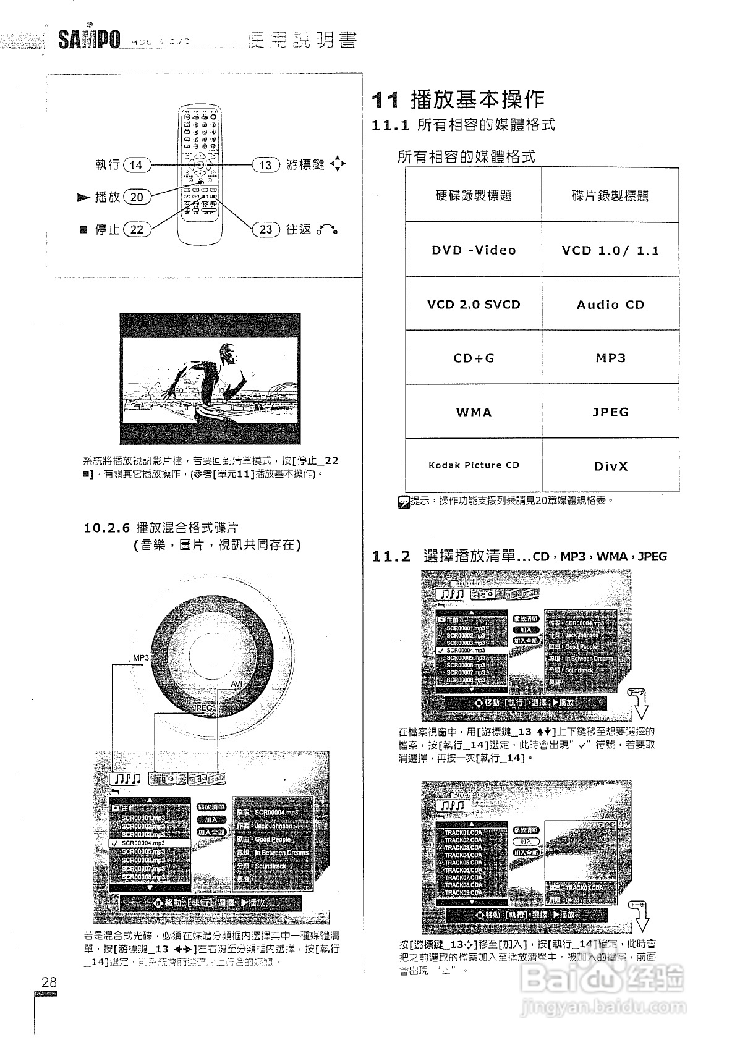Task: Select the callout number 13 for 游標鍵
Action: coord(265,165)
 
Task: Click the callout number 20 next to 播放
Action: coord(137,197)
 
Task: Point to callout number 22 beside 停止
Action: coord(137,229)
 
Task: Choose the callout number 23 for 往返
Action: coord(265,229)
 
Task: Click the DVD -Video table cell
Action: coord(474,250)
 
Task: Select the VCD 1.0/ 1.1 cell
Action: coord(610,250)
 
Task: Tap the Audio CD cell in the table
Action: coord(610,305)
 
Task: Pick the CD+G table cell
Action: coord(474,358)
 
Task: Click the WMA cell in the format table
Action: coord(474,412)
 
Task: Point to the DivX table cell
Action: coord(610,466)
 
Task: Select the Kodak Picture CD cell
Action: coord(474,465)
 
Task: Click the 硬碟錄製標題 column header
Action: coord(474,196)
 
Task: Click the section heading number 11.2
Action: coord(391,557)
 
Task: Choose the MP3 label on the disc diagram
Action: coord(141,658)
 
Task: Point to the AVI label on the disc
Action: coord(236,684)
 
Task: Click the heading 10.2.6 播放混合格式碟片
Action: coord(161,528)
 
